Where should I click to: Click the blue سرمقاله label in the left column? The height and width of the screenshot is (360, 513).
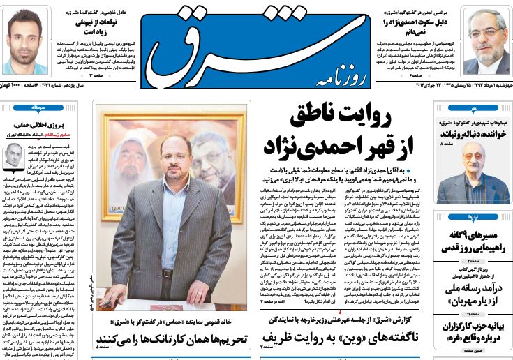(x=36, y=109)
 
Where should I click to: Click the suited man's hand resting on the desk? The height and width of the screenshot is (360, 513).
(x=107, y=302)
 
